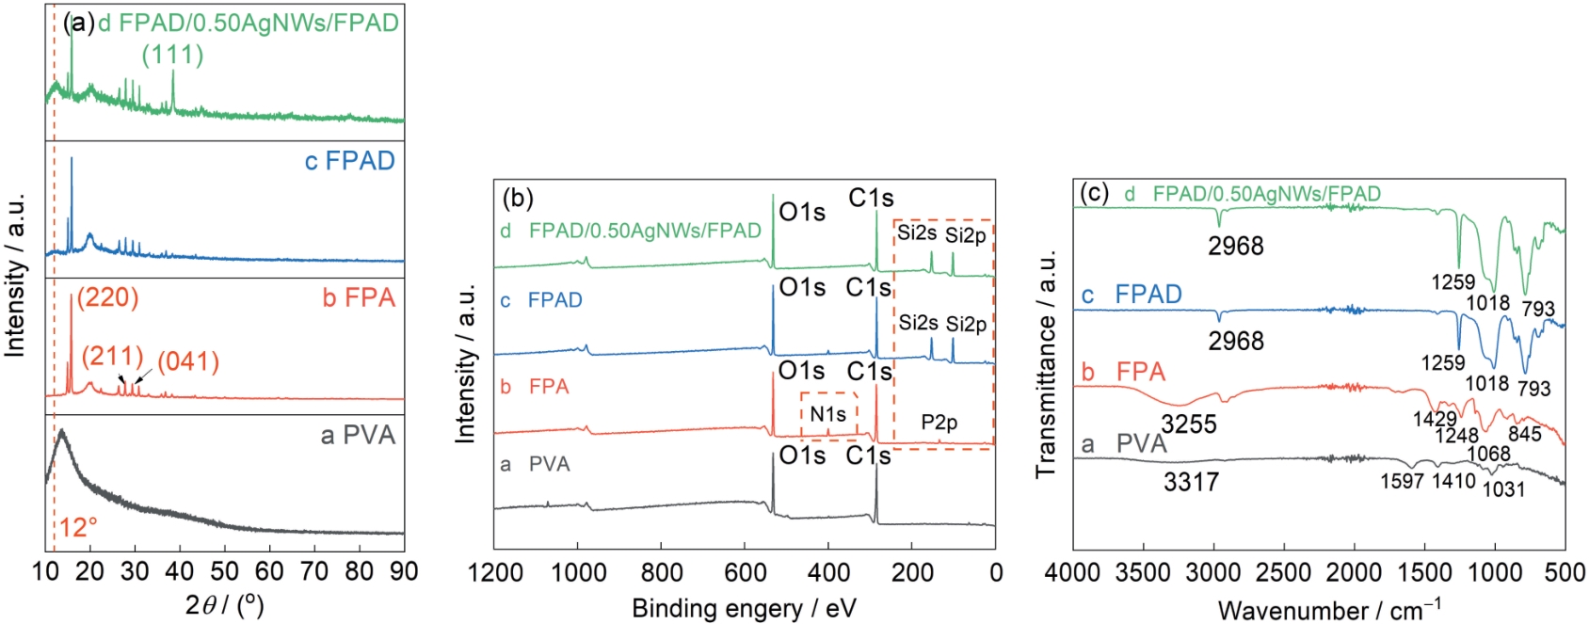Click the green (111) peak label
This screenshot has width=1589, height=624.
172,56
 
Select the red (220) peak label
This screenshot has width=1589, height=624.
108,298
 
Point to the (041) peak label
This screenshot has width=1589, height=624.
188,361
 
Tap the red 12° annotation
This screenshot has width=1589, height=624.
79,527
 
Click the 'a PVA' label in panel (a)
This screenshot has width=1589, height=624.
358,436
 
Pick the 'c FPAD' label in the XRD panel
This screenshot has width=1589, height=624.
349,161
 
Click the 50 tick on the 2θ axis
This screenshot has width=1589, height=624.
224,571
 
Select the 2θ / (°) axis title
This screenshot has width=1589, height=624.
225,604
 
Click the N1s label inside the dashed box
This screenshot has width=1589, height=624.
827,414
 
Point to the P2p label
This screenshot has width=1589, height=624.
939,423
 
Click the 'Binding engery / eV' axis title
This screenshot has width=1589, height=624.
744,608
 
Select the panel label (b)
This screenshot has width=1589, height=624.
518,199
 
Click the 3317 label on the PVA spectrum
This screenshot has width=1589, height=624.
1191,483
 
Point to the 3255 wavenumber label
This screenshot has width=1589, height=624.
1188,424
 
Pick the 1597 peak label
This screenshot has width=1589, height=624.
1402,482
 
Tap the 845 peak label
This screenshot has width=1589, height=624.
1524,434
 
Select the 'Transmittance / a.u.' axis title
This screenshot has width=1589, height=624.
1047,363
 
